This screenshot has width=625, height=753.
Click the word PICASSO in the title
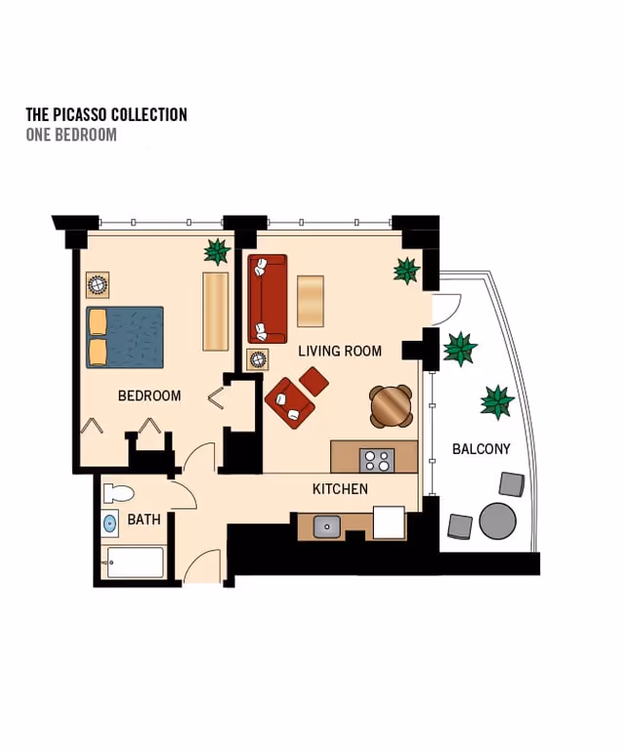coord(79,115)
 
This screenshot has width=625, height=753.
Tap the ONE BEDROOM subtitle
coord(71,135)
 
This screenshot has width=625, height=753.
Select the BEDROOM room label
coord(149,396)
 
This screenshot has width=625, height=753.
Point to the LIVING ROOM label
coord(340,351)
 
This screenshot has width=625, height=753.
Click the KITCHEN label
coord(341,489)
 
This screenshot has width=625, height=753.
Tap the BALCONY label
coord(481,449)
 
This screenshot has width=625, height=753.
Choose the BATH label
coord(144,520)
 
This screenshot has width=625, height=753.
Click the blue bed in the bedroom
coord(125,338)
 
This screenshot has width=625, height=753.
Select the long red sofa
coord(268,299)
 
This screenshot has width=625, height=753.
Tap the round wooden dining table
coord(392,406)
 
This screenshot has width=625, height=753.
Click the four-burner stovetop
coord(377,461)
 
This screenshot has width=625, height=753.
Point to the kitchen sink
coord(327,526)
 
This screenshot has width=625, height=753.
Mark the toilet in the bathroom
coord(118,493)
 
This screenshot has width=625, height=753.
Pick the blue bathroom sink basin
coord(110,523)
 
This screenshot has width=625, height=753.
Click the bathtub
coord(135,562)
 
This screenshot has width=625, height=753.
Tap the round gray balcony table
coord(498,522)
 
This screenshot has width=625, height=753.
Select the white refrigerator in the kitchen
coord(389,522)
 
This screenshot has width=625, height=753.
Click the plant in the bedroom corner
coord(217,252)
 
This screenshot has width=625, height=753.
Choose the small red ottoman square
coord(313,381)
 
